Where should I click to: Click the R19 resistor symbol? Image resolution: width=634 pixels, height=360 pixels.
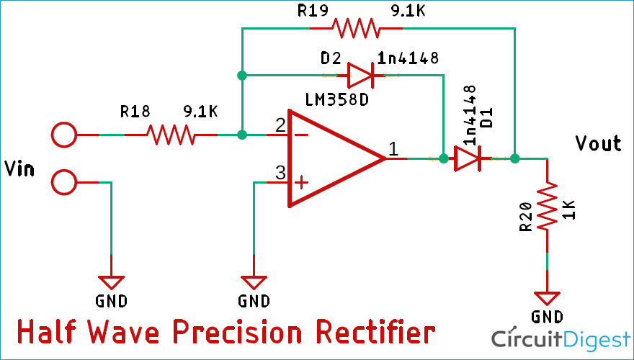click(355, 29)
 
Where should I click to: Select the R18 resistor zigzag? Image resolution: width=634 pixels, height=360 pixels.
click(171, 135)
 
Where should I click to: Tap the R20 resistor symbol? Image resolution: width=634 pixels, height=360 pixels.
click(547, 207)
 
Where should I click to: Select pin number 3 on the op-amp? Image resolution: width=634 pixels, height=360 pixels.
click(280, 173)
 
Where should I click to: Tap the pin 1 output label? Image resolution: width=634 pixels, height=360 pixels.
click(393, 149)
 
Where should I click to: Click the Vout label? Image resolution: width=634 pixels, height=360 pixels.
click(598, 143)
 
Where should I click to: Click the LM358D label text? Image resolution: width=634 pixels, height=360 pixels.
click(337, 99)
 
